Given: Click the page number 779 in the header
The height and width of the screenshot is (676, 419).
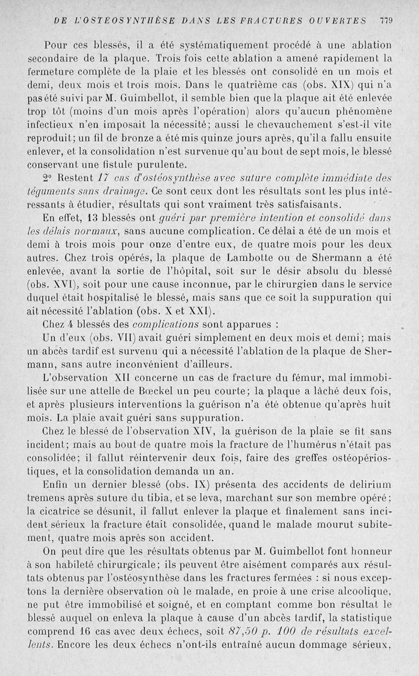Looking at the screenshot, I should click(387, 20).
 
